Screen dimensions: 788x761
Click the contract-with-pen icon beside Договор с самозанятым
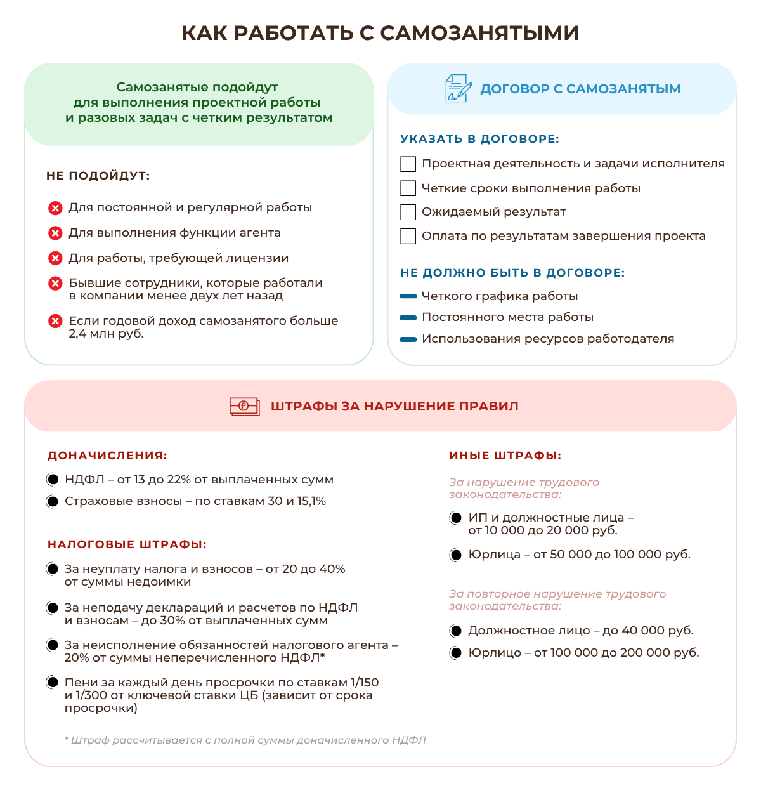458,88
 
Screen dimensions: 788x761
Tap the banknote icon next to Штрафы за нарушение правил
244,406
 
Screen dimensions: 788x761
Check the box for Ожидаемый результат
408,212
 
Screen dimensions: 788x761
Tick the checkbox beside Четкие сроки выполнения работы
408,188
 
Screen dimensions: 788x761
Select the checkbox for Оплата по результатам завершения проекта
408,236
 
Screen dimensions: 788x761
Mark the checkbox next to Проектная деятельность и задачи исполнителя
408,164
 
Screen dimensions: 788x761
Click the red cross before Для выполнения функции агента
55,233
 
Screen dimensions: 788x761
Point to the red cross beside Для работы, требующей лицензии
55,258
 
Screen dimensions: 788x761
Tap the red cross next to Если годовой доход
55,321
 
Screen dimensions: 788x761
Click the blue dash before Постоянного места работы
408,317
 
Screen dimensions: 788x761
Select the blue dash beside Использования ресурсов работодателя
408,339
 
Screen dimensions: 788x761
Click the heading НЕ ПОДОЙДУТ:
98,176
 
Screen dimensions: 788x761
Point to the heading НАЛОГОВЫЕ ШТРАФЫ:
127,544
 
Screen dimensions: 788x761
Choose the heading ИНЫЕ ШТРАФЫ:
505,456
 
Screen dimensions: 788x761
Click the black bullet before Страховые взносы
53,501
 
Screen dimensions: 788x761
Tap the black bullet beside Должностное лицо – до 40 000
455,631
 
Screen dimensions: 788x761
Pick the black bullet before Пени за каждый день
53,683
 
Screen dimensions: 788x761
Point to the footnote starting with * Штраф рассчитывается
245,740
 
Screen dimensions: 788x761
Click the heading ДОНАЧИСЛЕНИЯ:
107,456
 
